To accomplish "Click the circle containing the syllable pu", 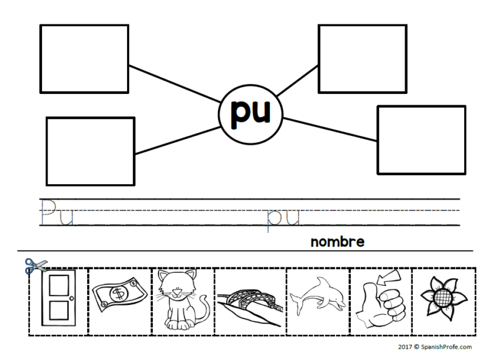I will [251, 113].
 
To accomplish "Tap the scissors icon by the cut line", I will [31, 266].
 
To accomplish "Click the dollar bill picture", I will [119, 294].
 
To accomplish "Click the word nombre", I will [337, 242].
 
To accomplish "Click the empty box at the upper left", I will [84, 59].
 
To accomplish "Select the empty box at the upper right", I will [363, 58].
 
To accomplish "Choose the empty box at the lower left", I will [90, 151].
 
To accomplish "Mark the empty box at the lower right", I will [421, 140].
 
